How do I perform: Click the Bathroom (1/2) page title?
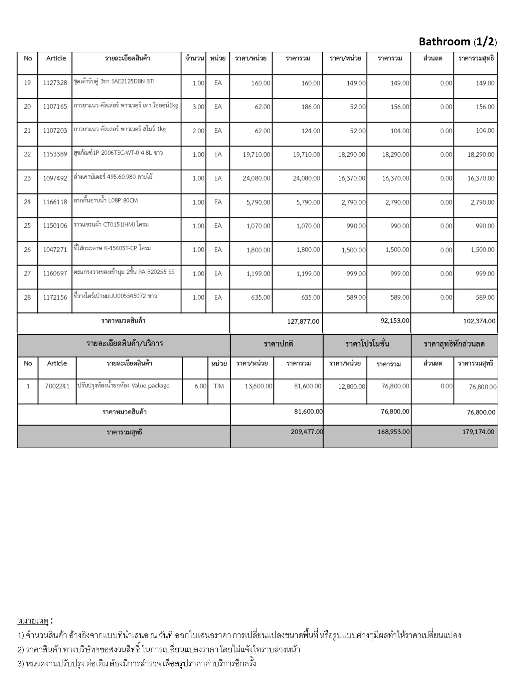click(458, 42)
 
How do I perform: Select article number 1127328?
click(55, 83)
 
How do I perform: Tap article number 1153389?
click(55, 154)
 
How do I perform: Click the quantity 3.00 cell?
click(198, 107)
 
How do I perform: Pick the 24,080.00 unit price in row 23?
click(256, 178)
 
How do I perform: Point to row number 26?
click(27, 249)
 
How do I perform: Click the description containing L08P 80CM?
click(106, 201)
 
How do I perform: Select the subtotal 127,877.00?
click(303, 321)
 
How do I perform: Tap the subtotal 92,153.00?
click(395, 321)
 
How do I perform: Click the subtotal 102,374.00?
click(479, 321)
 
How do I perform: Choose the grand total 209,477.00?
click(307, 432)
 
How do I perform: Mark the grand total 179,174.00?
click(478, 432)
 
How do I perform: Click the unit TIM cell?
click(219, 386)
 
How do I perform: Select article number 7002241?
click(57, 386)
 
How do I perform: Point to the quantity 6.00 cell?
click(200, 386)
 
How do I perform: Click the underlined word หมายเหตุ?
click(33, 621)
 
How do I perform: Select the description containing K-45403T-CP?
click(112, 248)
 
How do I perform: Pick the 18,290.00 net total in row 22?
click(481, 155)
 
